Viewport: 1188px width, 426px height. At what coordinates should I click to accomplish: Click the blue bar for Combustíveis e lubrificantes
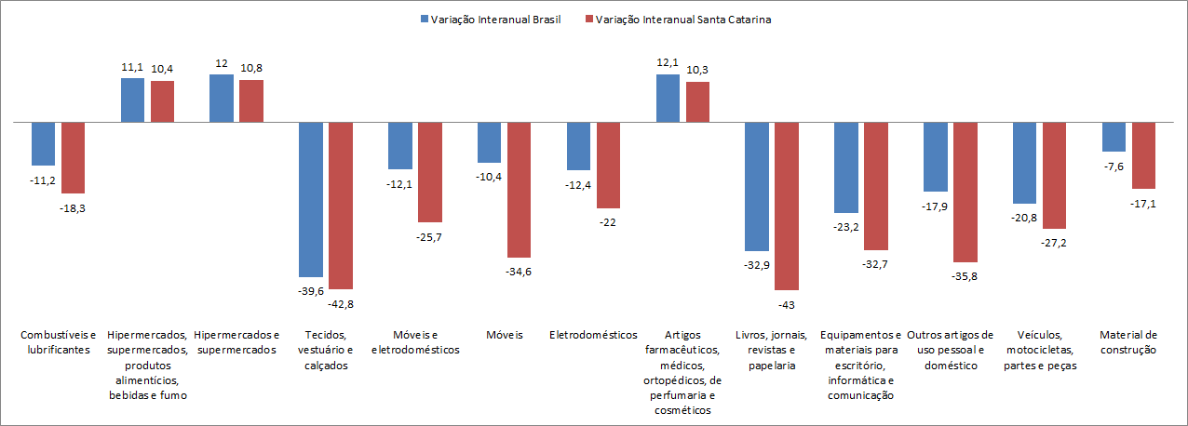click(43, 143)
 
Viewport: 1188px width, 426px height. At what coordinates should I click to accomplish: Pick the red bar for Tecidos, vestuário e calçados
click(341, 205)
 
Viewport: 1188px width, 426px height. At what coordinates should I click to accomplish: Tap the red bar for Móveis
click(519, 189)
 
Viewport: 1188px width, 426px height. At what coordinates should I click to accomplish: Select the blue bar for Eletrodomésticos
click(579, 145)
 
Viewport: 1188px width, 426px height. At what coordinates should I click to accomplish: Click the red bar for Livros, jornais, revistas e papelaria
click(787, 206)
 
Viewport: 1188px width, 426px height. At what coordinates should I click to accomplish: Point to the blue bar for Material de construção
click(1114, 136)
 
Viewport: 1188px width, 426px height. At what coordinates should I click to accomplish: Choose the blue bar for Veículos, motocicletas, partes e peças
click(1025, 162)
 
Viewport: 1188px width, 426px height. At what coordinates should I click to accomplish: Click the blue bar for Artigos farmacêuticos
click(668, 98)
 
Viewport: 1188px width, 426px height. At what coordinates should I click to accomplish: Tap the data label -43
click(787, 305)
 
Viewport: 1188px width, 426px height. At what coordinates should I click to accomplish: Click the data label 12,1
click(668, 61)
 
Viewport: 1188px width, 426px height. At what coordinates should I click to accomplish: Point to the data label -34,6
click(519, 272)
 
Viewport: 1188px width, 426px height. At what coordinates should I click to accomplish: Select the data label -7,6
click(1114, 166)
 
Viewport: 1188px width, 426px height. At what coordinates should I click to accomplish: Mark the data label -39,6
click(311, 291)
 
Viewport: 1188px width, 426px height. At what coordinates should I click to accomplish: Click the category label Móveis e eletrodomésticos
click(416, 342)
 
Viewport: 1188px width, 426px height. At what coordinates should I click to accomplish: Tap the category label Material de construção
click(1127, 342)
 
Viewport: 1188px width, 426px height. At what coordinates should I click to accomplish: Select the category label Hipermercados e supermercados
click(236, 342)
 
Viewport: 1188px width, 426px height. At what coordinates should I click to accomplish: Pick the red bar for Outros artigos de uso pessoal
click(965, 192)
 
